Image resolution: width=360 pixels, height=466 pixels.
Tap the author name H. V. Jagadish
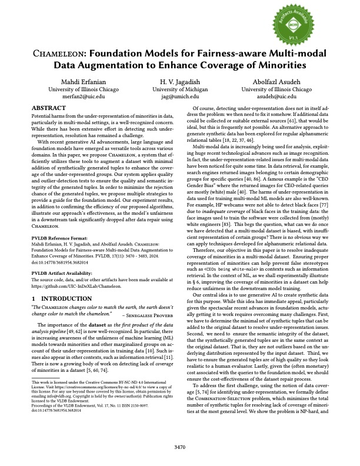click(180, 80)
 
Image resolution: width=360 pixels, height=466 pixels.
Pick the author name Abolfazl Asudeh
click(277, 80)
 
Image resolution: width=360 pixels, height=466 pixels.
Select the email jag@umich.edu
click(180, 95)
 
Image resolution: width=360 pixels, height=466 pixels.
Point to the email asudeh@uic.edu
click(277, 95)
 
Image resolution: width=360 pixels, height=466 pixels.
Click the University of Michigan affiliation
click(180, 88)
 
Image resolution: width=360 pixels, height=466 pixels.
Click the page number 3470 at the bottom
click(180, 447)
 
